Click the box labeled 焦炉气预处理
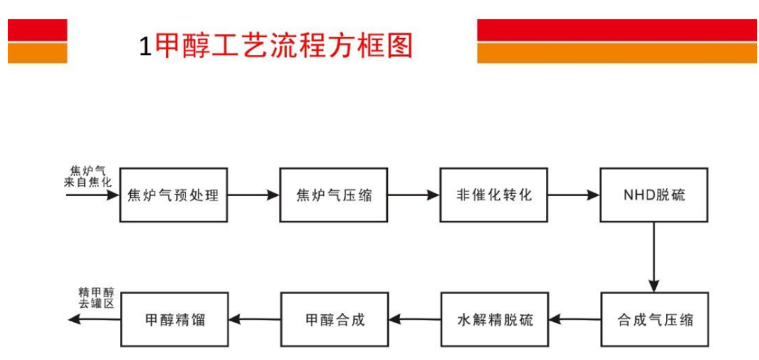coord(174,195)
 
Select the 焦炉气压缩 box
coord(333,195)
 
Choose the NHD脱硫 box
coord(654,195)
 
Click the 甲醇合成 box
coord(335,319)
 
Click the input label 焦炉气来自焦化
coord(88,176)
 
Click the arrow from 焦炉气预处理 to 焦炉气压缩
coord(254,195)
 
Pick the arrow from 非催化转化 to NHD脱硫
coord(573,195)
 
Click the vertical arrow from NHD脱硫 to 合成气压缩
coord(654,257)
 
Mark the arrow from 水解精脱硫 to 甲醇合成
coord(415,320)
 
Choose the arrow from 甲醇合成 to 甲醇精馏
coord(254,320)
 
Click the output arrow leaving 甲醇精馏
coord(95,320)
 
